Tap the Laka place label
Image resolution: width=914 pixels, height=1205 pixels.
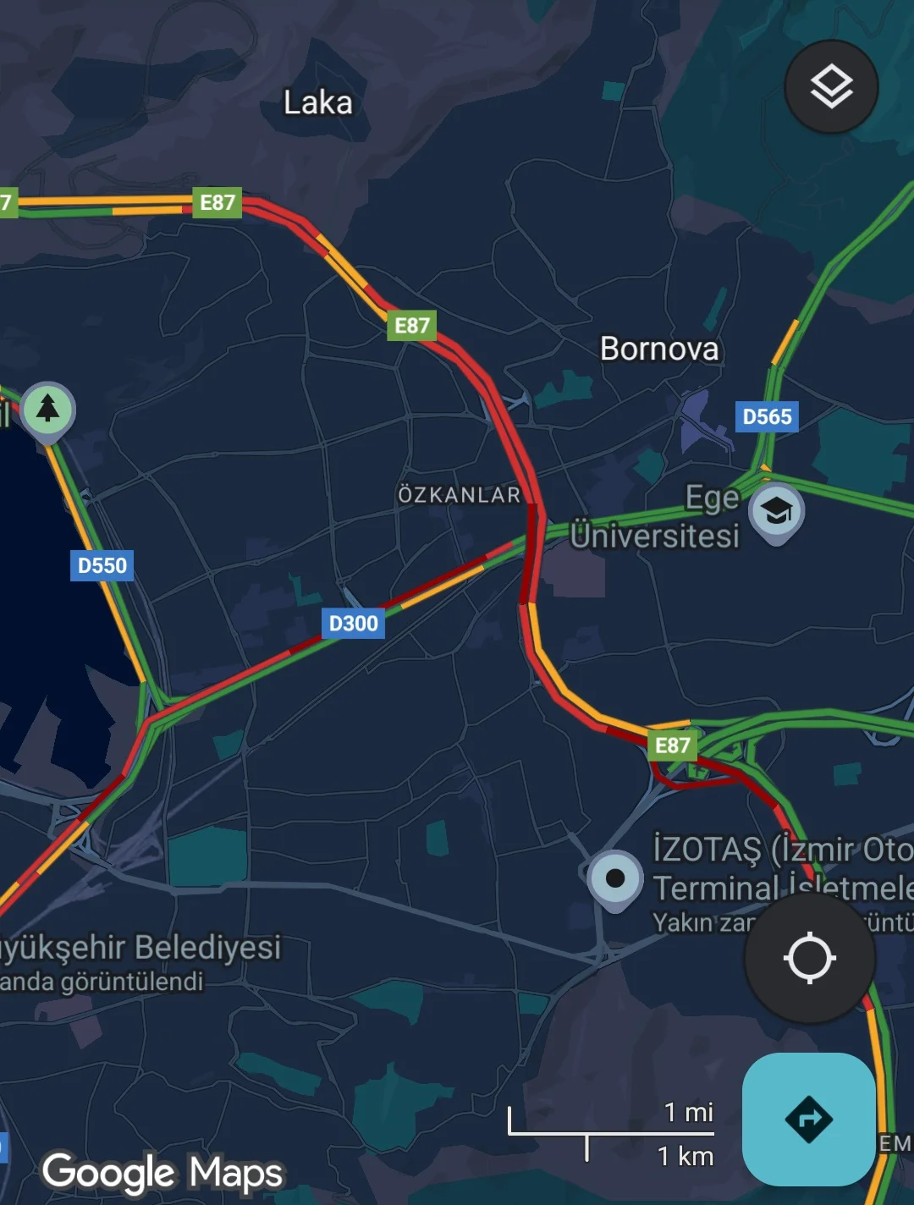point(317,103)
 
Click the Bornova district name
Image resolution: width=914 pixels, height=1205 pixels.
point(659,349)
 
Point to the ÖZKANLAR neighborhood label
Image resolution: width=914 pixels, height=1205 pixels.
point(460,494)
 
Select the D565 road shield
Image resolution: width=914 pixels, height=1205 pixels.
point(767,416)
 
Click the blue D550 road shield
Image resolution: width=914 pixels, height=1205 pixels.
point(102,565)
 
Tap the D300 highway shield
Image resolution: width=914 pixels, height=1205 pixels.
point(353,624)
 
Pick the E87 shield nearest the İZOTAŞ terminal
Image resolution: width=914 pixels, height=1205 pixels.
point(673,746)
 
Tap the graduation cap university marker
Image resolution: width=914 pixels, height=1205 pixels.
point(776,510)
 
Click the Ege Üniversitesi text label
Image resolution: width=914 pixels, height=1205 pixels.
point(655,518)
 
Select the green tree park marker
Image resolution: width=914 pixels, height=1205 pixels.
point(48,409)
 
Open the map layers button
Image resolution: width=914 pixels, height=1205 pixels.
point(831,86)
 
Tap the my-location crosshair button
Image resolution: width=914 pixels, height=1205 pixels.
point(809,958)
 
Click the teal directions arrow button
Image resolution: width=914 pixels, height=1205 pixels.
point(808,1119)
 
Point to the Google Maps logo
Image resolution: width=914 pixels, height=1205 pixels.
point(162,1173)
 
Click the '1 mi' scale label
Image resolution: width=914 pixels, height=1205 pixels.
point(688,1112)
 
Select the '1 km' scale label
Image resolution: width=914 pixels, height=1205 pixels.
point(685,1156)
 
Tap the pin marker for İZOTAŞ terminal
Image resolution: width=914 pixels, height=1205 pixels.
point(615,878)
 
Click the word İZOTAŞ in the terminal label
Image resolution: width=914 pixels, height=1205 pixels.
point(707,849)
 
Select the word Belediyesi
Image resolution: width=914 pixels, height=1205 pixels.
point(208,948)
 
